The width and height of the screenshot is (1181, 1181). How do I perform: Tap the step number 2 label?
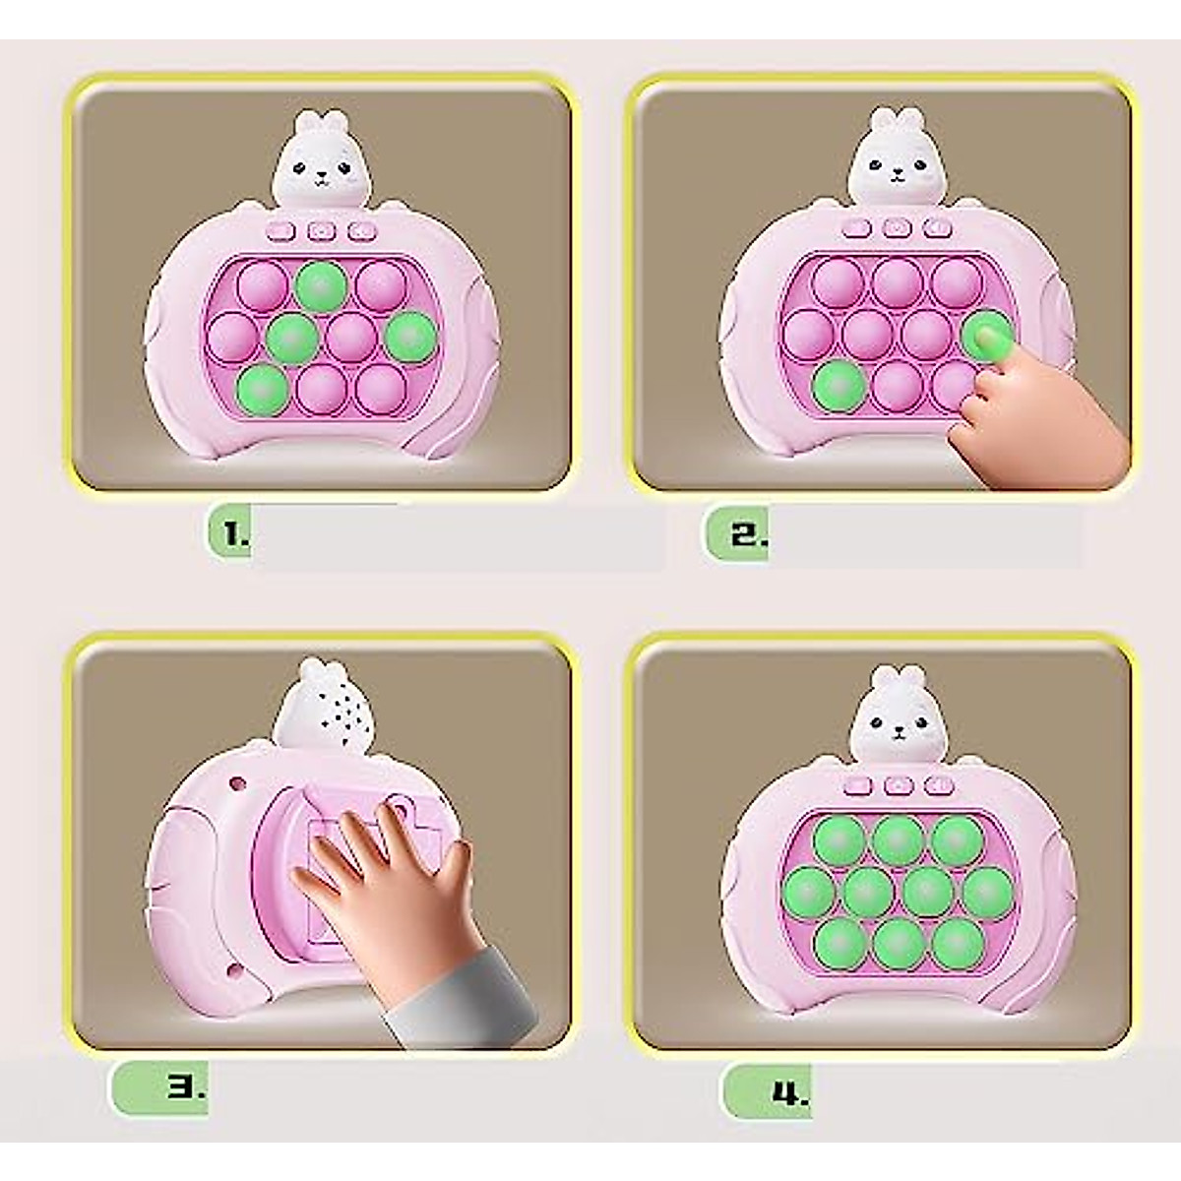746,534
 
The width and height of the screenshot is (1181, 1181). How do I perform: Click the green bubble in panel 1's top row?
322,285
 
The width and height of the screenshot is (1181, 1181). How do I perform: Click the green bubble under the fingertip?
987,335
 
